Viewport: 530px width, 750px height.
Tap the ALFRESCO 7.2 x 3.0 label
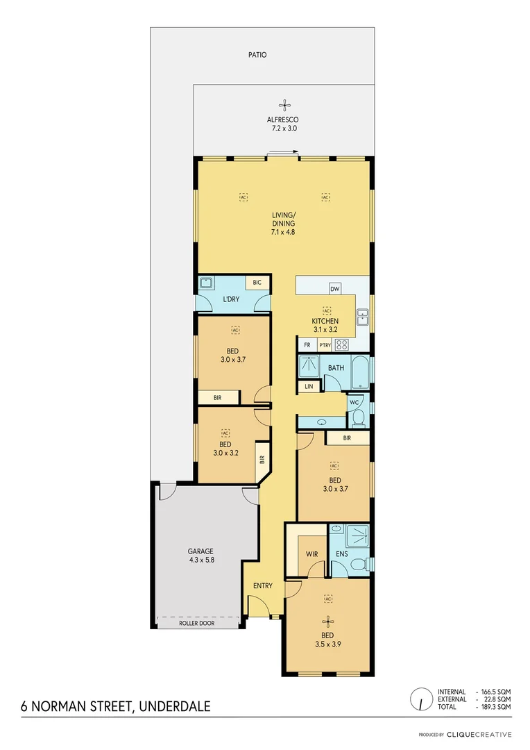[283, 124]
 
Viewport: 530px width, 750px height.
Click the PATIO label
[258, 55]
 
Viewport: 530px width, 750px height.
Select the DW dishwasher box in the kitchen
[334, 288]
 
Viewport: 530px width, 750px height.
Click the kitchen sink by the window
[362, 317]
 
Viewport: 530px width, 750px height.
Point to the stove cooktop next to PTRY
[341, 344]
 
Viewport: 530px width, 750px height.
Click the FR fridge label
[307, 345]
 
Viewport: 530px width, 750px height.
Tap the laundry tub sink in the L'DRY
[205, 283]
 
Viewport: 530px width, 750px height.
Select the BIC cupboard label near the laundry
[257, 283]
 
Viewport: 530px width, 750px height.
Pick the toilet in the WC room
[357, 417]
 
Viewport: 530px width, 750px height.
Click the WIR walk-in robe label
[311, 554]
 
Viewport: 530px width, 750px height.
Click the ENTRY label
[263, 586]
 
